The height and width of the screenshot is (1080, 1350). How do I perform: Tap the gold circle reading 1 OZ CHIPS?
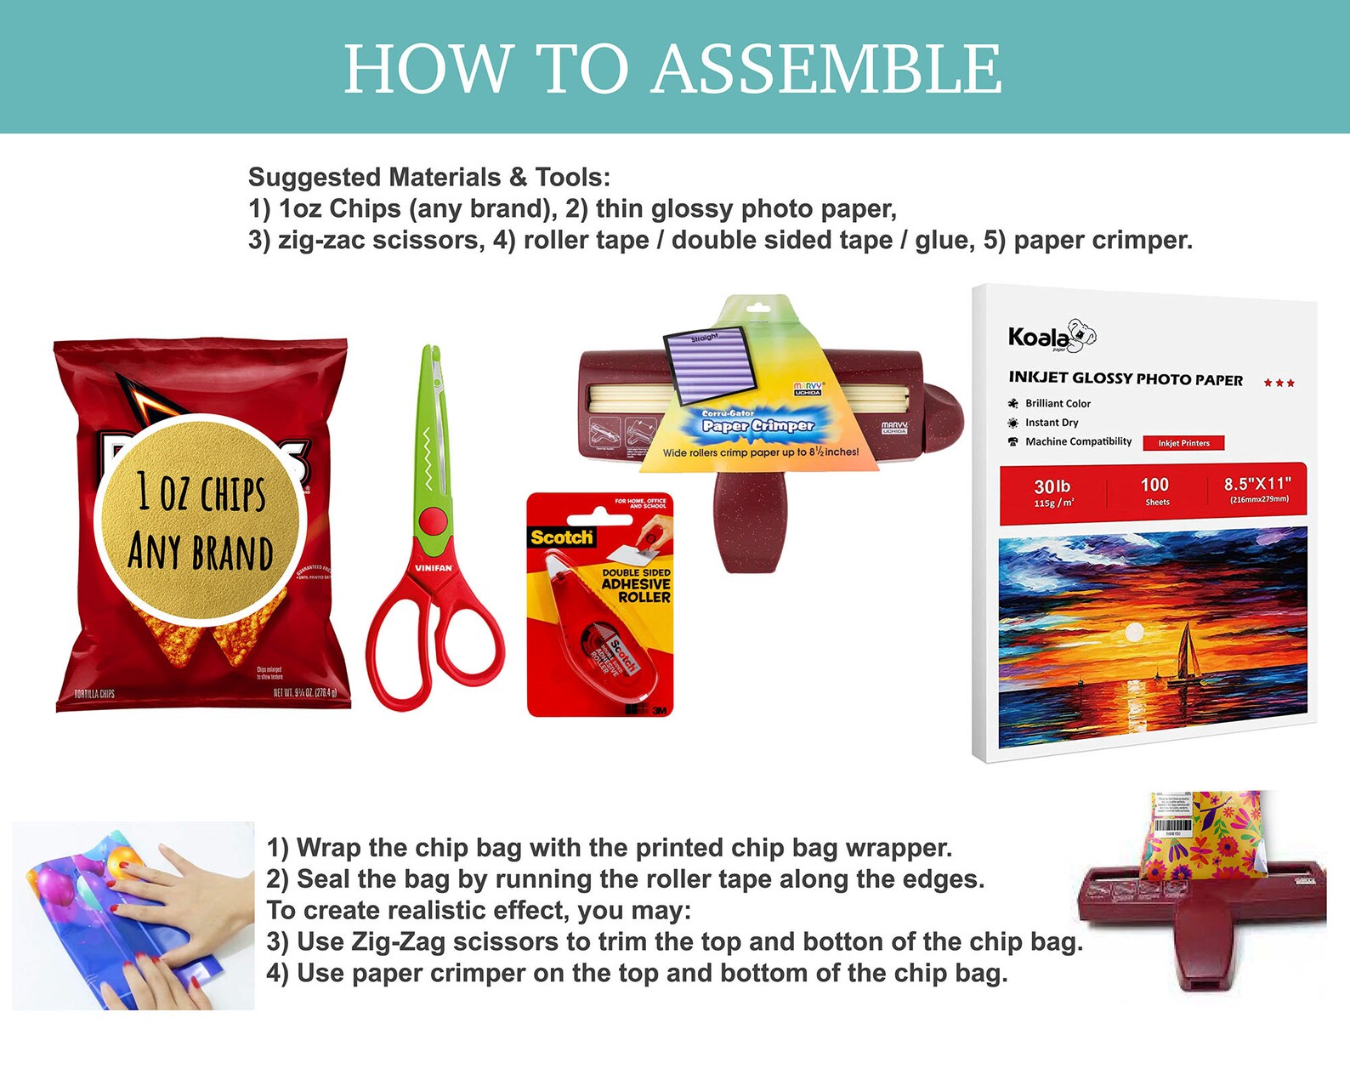[201, 520]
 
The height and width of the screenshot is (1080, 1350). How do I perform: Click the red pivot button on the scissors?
[433, 520]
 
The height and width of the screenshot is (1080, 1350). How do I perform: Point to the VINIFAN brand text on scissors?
[434, 567]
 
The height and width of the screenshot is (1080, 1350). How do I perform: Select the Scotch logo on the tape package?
[561, 537]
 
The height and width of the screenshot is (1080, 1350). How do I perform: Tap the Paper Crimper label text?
[757, 425]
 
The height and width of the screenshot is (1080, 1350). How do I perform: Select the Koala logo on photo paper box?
[1051, 337]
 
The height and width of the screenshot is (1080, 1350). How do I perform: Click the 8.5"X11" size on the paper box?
[1257, 484]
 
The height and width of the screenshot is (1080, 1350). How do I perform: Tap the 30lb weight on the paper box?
[1052, 487]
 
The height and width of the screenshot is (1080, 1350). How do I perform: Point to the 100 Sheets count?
[1154, 491]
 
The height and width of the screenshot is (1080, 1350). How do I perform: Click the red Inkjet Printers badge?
[1183, 443]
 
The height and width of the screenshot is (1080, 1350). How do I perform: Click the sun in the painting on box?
[1134, 633]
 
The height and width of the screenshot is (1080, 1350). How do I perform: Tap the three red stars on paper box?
[1279, 383]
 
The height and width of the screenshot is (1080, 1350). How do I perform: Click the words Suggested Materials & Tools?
[428, 177]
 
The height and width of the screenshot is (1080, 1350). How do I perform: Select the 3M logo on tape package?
[660, 709]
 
